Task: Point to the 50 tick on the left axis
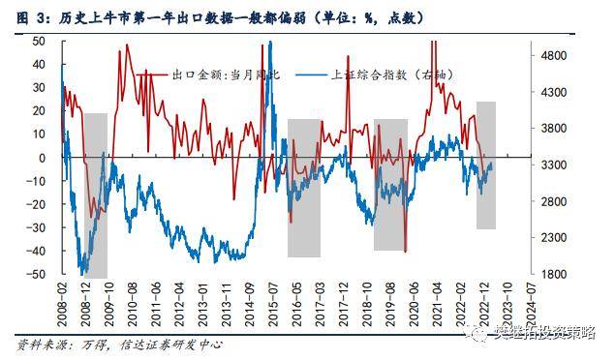point(40,41)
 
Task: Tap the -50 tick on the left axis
point(38,275)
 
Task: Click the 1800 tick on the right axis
point(556,275)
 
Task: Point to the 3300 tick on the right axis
point(556,165)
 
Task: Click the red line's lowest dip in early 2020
point(405,251)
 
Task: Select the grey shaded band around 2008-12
point(95,194)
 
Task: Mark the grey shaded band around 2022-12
point(485,165)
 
